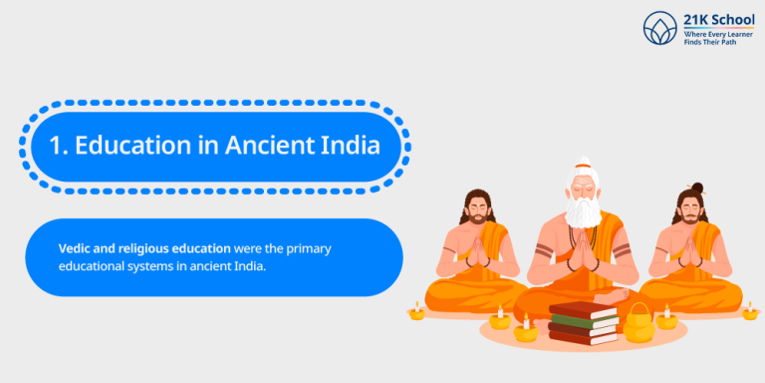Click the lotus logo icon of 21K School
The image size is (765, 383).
[x=659, y=27]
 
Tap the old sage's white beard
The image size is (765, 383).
[x=584, y=212]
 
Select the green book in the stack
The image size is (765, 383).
[x=583, y=320]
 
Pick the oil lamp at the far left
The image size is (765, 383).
[x=416, y=313]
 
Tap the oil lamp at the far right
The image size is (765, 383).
[x=750, y=312]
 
